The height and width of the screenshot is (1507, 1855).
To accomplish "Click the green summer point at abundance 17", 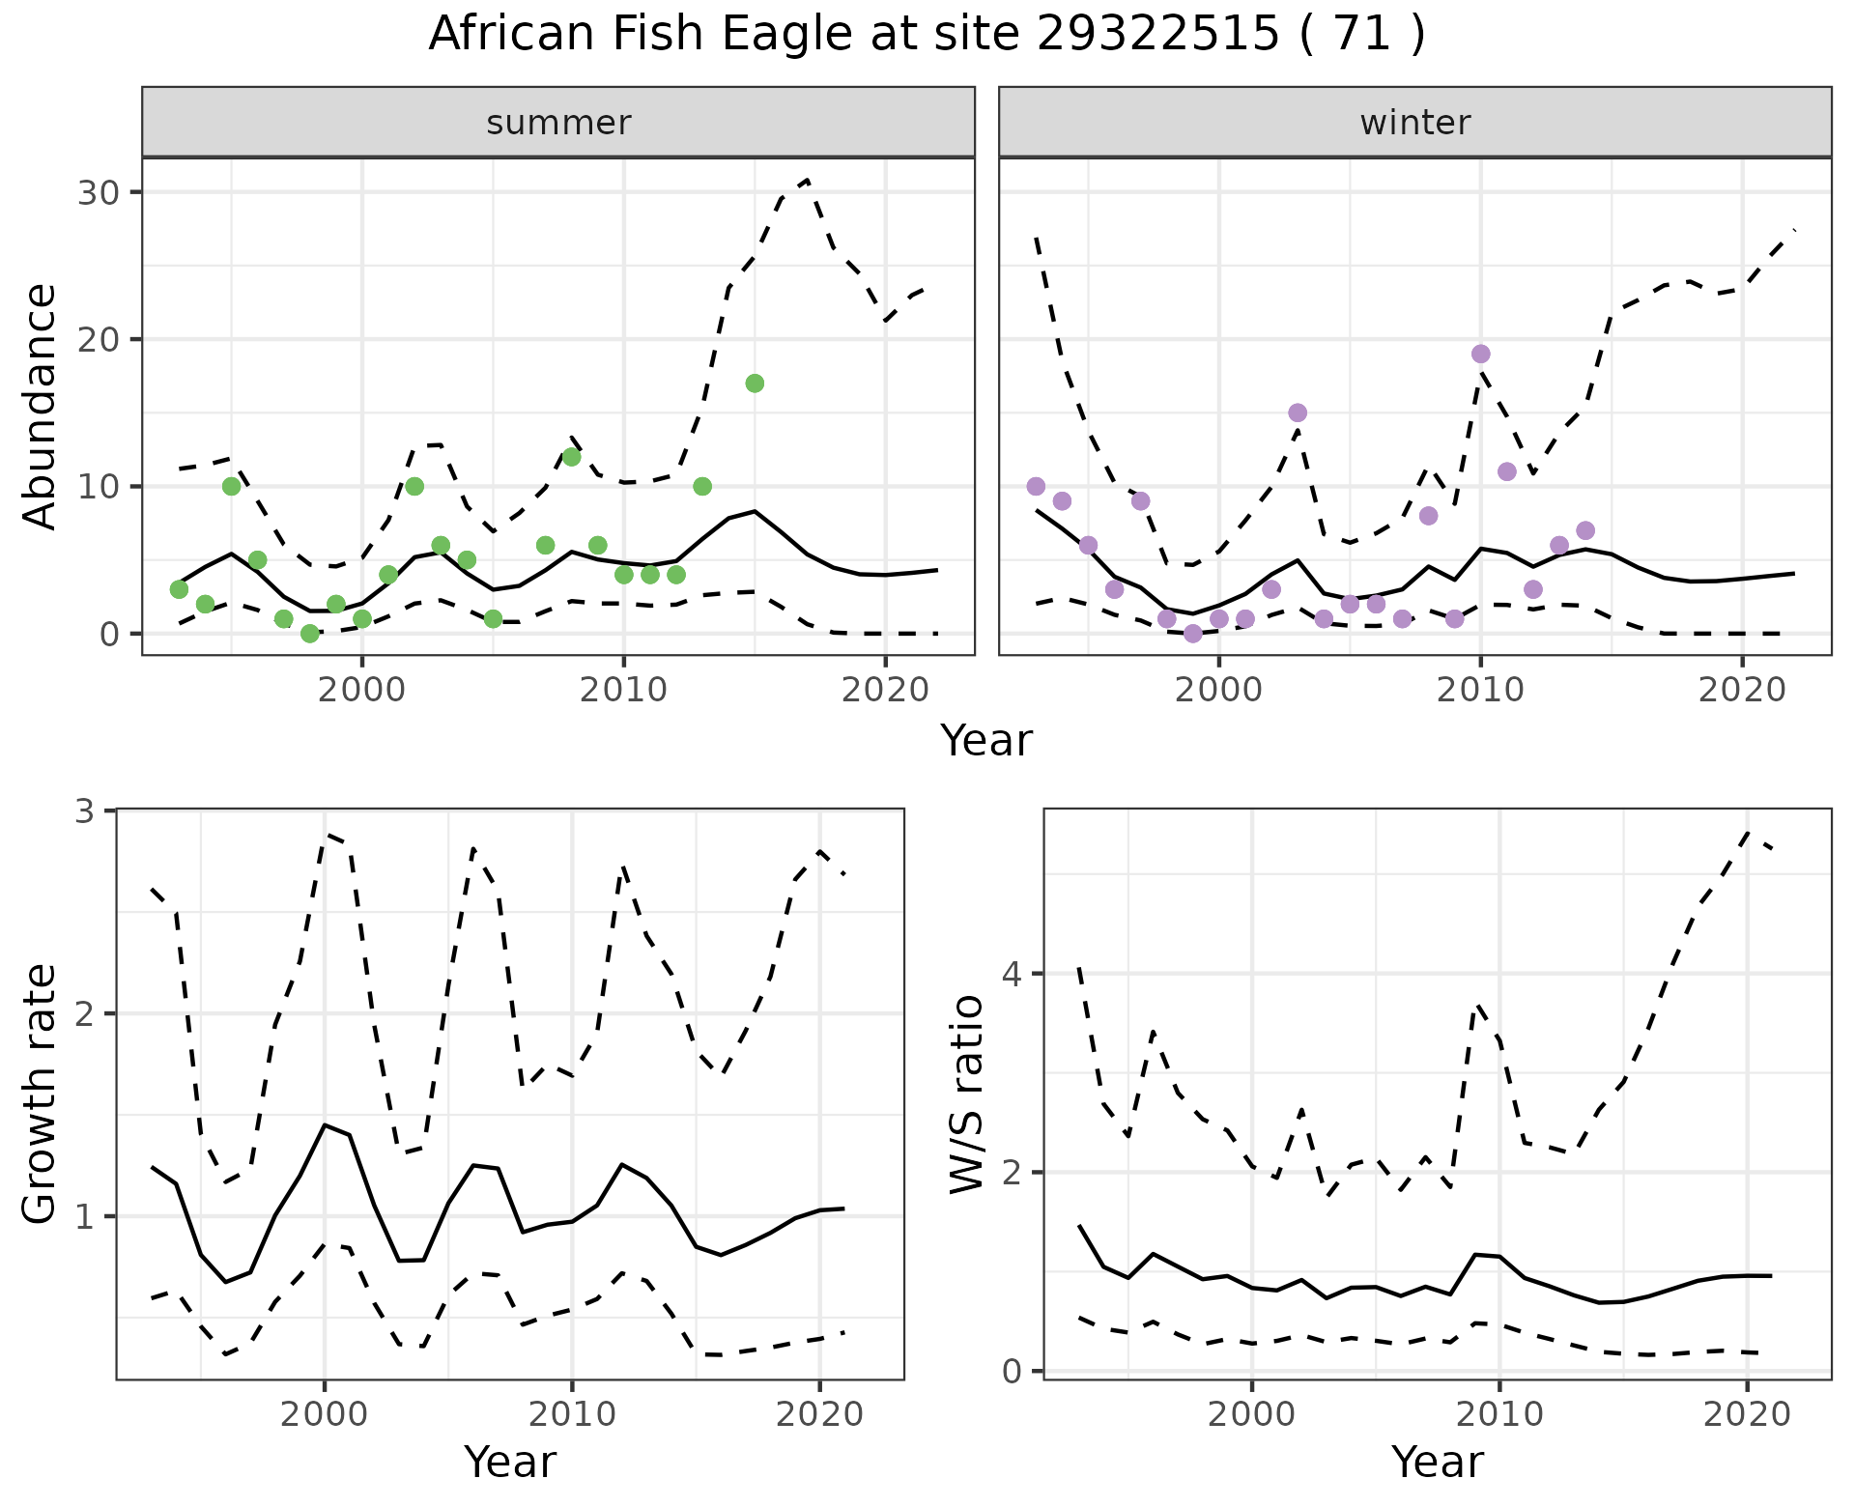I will (x=755, y=384).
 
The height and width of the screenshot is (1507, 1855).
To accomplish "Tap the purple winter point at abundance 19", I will (x=1480, y=355).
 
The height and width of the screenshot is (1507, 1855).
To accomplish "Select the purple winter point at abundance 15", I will (x=1298, y=413).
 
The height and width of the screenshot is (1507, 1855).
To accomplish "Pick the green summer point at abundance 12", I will (x=571, y=457).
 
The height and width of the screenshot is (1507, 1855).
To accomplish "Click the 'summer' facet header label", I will (x=558, y=123).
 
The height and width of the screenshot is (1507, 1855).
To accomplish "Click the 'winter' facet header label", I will (x=1414, y=123).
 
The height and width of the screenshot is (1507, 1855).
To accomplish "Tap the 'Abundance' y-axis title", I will (x=41, y=406).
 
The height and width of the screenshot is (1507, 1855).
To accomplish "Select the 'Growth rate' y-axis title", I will (x=41, y=1095).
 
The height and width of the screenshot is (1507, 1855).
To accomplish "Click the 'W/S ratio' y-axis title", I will (x=967, y=1095).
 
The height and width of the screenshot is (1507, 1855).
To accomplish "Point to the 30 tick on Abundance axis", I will (x=100, y=192).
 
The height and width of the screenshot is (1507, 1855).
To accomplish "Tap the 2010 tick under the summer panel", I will (x=623, y=690).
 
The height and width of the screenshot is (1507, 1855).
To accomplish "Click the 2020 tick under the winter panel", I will (x=1742, y=690).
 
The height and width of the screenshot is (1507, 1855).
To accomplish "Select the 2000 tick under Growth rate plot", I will (x=324, y=1414).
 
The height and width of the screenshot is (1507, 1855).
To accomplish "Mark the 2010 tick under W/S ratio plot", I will (x=1498, y=1414).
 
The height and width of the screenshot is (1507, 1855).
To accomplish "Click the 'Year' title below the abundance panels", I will (x=986, y=741).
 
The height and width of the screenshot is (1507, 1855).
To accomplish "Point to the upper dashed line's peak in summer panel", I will (x=808, y=180).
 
